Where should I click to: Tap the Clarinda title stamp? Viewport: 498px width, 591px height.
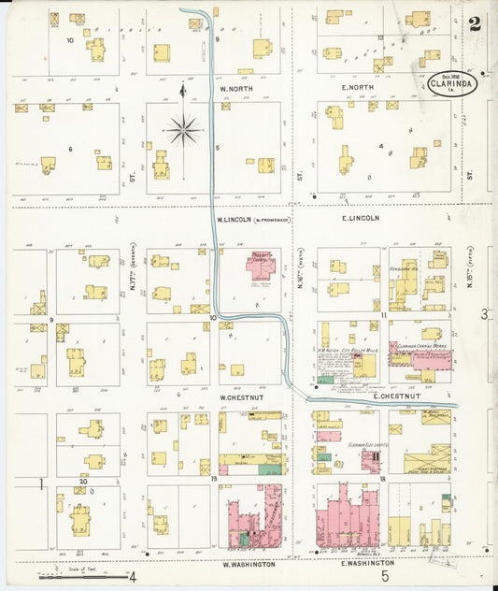click(453, 82)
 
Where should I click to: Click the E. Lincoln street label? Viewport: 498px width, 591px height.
click(360, 218)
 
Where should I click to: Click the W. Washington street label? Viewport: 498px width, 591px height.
click(249, 565)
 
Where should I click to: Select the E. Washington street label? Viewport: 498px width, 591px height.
click(367, 564)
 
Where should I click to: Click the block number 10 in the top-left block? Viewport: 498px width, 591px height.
click(69, 40)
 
